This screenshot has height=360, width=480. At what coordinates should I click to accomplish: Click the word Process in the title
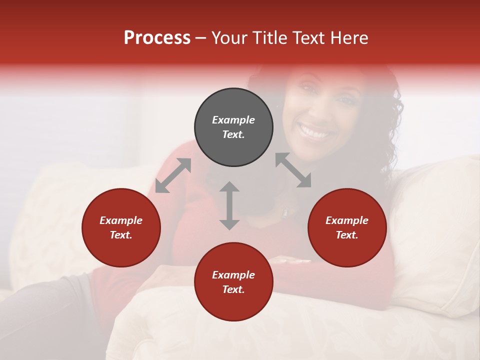(157, 38)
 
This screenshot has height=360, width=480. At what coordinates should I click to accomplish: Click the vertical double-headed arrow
(229, 205)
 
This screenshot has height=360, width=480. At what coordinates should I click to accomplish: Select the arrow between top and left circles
(173, 175)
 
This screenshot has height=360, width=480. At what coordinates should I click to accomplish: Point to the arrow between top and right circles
(293, 170)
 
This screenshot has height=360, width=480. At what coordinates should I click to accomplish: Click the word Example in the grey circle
(233, 120)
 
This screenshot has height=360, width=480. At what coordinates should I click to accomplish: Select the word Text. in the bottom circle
(233, 289)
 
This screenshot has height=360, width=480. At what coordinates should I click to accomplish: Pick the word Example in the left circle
(121, 220)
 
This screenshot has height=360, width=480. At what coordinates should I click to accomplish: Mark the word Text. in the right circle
(347, 235)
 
